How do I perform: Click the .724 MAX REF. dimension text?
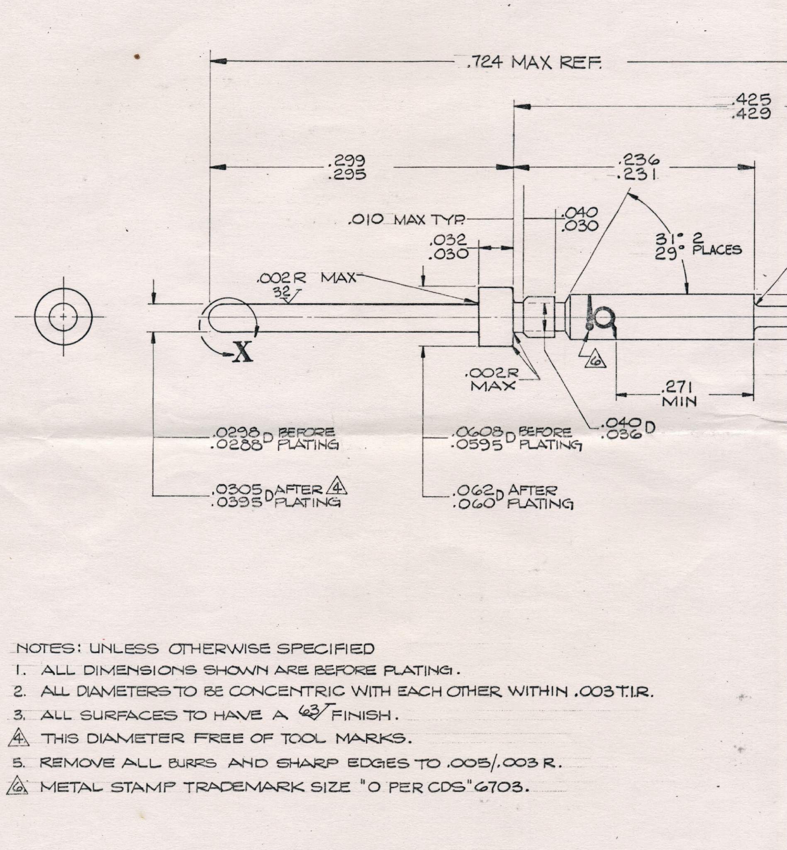[x=534, y=63]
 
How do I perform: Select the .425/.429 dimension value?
[x=751, y=107]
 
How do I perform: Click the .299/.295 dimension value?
[x=347, y=167]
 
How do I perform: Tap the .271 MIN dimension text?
[x=679, y=394]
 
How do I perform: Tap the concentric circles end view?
[x=63, y=317]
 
